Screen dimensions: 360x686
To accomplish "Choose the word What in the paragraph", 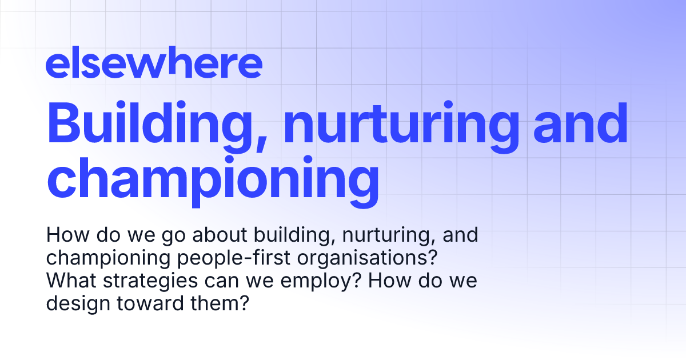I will [x=69, y=281].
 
